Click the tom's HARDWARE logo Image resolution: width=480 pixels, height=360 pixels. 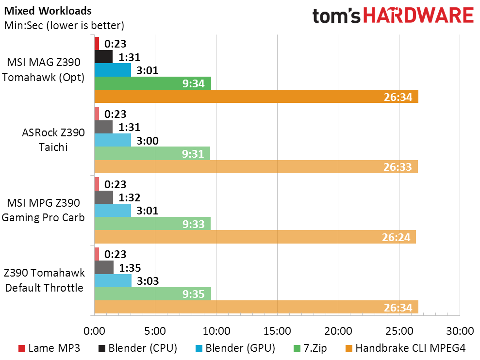click(x=393, y=16)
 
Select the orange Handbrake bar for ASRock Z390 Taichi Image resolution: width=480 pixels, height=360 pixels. click(x=256, y=166)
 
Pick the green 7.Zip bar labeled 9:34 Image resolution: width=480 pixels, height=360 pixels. click(x=152, y=83)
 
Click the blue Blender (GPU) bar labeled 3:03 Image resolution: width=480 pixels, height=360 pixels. click(x=113, y=281)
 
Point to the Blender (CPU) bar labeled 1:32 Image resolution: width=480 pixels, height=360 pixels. click(x=103, y=197)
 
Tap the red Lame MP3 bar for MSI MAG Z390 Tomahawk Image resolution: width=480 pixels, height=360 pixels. click(x=97, y=43)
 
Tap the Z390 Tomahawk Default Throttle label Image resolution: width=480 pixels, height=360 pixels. click(x=44, y=280)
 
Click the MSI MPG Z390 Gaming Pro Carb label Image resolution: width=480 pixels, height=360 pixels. click(x=43, y=210)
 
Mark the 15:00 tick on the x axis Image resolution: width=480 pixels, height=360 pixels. click(x=277, y=331)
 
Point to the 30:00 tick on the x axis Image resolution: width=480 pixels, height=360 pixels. click(x=459, y=331)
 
